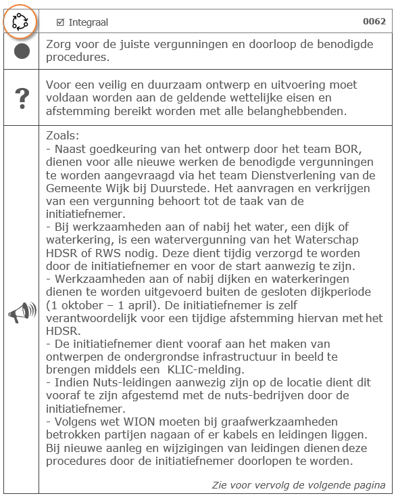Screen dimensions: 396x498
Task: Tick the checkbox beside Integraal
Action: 61,22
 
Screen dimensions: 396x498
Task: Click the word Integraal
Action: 89,22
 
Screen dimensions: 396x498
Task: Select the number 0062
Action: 374,22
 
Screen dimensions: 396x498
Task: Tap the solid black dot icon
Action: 22,51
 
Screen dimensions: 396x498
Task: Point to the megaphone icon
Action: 22,313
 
